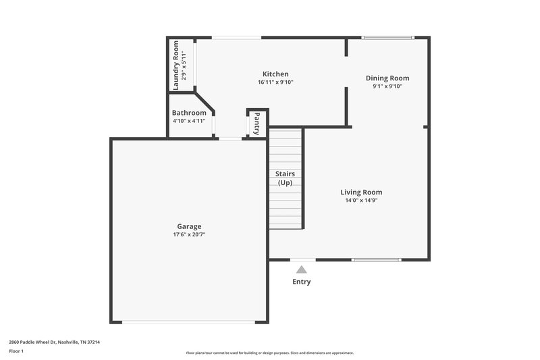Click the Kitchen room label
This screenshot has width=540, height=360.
(275, 74)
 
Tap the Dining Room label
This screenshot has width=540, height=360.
(387, 78)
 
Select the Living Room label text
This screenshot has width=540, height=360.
(361, 192)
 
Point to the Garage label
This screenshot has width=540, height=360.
(189, 226)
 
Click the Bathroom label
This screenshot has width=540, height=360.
(189, 113)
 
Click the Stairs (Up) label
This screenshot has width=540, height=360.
(286, 178)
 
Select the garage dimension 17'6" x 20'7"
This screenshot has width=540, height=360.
(189, 235)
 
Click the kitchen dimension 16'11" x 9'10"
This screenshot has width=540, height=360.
(275, 82)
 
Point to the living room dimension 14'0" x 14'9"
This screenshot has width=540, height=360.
(361, 200)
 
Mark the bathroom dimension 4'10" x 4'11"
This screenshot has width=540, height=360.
(189, 121)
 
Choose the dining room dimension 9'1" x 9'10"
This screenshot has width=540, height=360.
(387, 86)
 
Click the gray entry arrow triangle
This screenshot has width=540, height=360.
(302, 269)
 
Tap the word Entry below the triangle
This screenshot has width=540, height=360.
(302, 282)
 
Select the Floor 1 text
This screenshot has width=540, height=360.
(16, 352)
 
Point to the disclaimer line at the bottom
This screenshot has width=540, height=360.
(270, 353)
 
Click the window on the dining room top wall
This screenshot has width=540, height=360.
(387, 37)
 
